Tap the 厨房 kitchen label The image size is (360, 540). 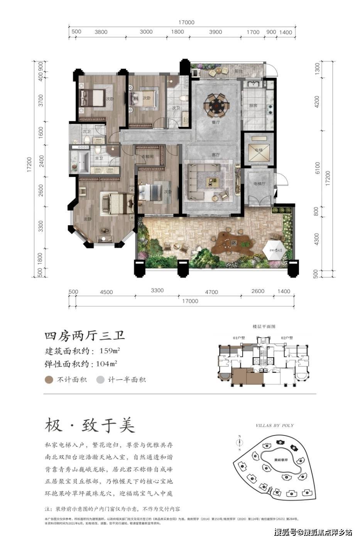[x=253, y=106]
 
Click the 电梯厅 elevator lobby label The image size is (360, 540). [x=258, y=184]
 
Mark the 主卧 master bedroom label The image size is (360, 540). [x=88, y=219]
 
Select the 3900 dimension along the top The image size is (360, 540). [x=215, y=32]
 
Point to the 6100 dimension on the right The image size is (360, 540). [x=317, y=168]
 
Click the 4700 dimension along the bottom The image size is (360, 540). [x=211, y=292]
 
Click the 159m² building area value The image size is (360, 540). [x=108, y=351]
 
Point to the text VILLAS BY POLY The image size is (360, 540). [x=275, y=425]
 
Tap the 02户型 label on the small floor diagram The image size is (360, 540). [x=287, y=338]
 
